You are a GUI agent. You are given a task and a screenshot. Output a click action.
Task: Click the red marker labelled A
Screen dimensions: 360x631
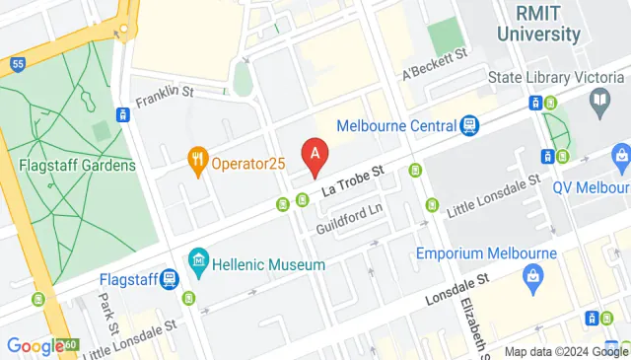(315, 156)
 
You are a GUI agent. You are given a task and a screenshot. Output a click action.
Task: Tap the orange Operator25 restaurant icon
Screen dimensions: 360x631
(198, 160)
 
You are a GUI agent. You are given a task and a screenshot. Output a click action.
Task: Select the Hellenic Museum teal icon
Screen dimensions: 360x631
(199, 263)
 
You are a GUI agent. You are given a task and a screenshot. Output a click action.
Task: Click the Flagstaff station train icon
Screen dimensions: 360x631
(169, 279)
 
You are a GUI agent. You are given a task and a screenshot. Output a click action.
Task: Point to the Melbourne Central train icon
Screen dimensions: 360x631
(469, 125)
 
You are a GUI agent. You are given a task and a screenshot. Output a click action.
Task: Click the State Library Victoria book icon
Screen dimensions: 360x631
(598, 99)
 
